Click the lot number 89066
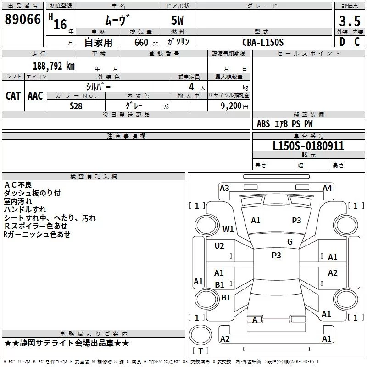22,19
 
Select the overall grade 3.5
350,21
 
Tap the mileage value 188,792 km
54,66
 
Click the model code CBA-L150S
263,42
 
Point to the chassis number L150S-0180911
308,146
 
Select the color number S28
76,106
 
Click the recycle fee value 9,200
231,106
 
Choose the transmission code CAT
13,96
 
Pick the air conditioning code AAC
35,96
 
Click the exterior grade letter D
342,42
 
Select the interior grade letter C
357,42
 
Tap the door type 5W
178,20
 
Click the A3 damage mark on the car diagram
224,188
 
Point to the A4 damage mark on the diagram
327,188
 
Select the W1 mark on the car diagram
228,229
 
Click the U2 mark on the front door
219,246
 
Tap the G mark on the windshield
290,242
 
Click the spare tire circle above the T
200,335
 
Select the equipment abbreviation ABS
263,124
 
